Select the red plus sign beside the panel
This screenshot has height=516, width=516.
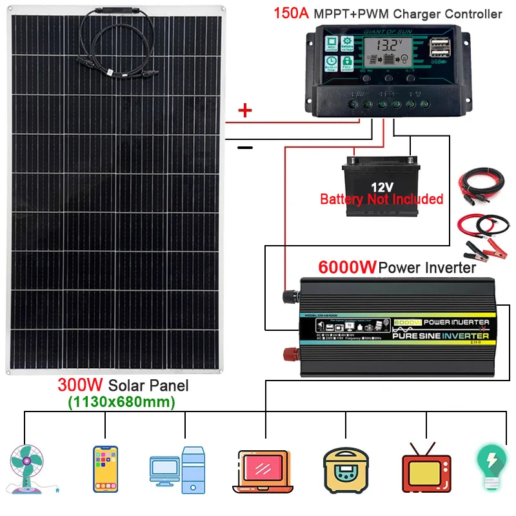pos(245,111)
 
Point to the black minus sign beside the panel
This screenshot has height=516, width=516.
pos(245,148)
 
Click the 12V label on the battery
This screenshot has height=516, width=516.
pos(381,187)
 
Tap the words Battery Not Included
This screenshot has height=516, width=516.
pos(381,199)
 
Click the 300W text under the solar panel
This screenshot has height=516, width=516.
pos(80,386)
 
